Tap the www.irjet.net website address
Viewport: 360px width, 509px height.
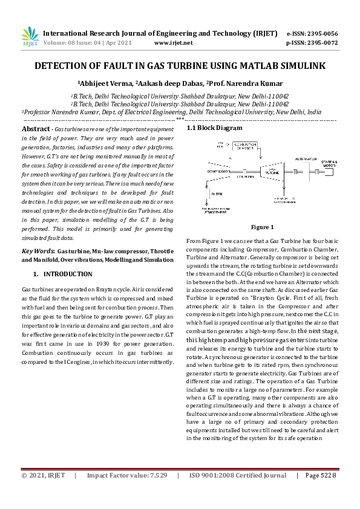tap(174, 43)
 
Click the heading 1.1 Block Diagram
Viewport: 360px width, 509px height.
tap(214, 128)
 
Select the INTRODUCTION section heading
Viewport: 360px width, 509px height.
tap(68, 274)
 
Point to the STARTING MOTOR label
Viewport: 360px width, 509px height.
tap(329, 163)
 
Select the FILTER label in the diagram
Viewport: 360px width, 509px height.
tap(216, 195)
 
